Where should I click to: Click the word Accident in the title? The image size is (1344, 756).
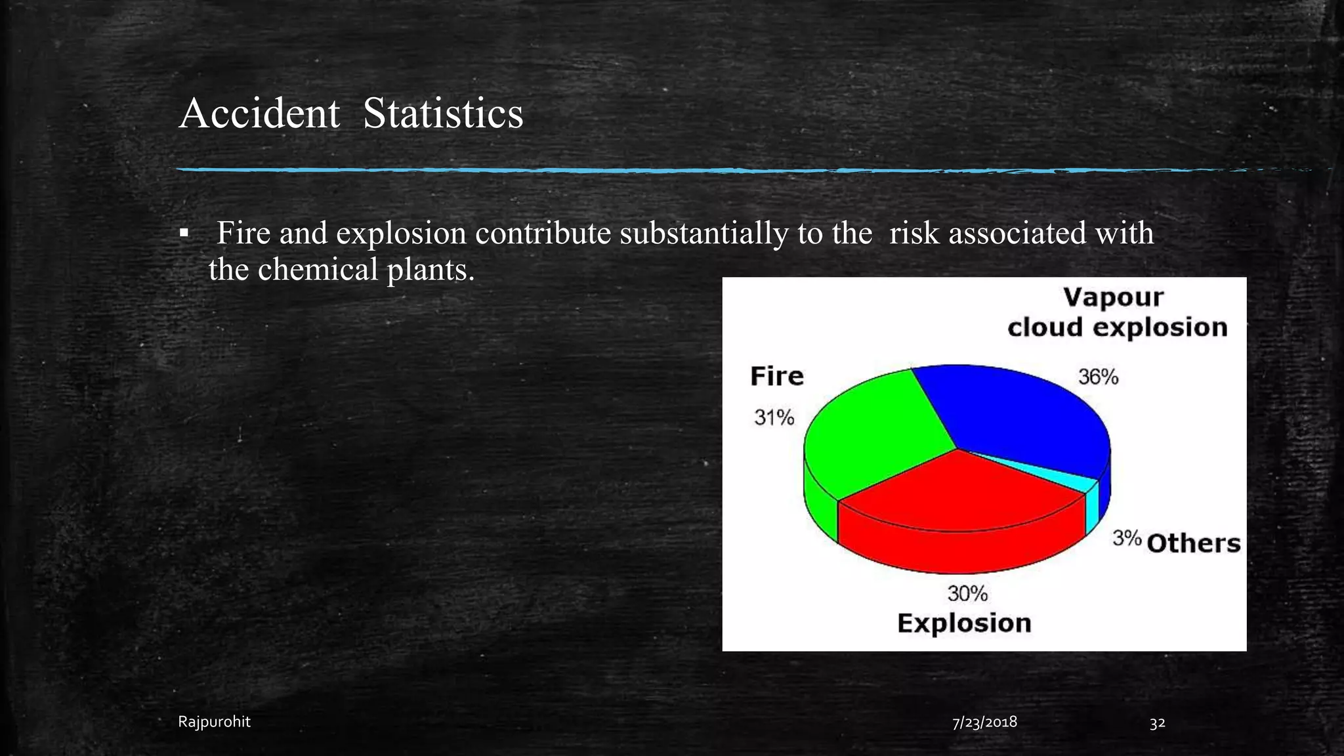259,114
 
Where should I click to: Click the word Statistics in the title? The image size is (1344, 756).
443,114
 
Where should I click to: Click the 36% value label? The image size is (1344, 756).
1098,377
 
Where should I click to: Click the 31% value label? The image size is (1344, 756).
774,418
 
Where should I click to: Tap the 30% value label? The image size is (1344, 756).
967,594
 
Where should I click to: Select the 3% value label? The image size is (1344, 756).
1127,539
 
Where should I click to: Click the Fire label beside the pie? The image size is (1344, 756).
776,377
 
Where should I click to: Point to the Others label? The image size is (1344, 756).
1194,543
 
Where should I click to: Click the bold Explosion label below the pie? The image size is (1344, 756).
964,623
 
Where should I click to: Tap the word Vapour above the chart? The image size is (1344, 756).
1113,297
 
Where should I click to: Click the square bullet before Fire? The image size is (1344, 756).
184,234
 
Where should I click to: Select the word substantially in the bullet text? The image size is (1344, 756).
703,233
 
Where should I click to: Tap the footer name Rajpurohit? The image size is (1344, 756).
214,722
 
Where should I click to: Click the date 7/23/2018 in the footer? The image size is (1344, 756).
984,722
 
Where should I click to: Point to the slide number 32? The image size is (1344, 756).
1157,723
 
